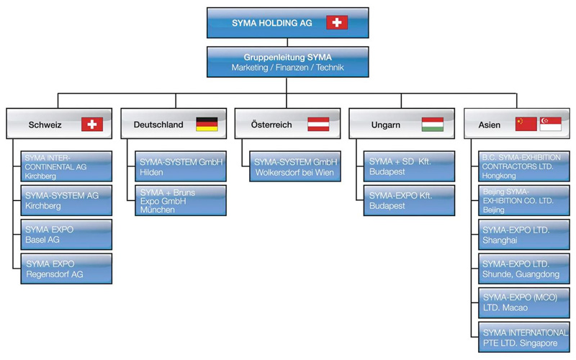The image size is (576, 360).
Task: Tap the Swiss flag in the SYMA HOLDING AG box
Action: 336,22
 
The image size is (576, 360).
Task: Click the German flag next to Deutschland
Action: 207,124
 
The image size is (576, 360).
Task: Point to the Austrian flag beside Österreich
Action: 318,124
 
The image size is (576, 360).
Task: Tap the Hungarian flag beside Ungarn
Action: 432,124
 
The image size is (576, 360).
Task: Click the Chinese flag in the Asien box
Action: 526,124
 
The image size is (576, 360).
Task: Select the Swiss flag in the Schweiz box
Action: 92,124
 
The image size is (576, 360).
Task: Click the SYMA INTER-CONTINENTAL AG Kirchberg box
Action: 66,166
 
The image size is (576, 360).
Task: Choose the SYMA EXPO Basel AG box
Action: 66,234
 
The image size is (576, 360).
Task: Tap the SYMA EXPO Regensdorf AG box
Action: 66,268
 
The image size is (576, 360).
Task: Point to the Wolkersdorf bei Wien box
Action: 294,166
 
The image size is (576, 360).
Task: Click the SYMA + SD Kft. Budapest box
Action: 409,166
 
